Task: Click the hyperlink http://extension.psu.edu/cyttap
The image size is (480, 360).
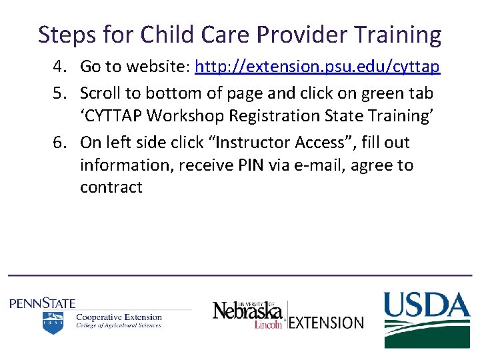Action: (317, 67)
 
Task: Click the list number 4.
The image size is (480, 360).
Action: (61, 67)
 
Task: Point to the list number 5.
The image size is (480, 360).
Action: (61, 93)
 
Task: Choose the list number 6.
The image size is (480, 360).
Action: (61, 143)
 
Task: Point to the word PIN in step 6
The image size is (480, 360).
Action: (251, 165)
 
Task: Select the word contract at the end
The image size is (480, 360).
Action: (111, 188)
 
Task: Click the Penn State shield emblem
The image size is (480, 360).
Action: (53, 323)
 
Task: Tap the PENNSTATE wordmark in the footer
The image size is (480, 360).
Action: (43, 303)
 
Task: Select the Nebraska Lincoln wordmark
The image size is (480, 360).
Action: (248, 313)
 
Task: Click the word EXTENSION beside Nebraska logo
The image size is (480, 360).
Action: (327, 323)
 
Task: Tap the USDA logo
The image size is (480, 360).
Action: (426, 319)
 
